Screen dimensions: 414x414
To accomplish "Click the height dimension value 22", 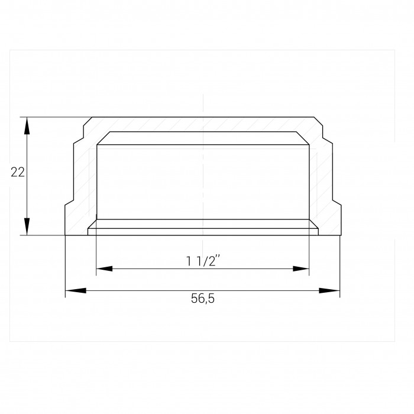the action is (x=18, y=172).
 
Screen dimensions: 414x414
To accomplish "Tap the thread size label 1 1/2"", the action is (x=203, y=261).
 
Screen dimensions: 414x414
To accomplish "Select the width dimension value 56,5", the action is (x=203, y=299).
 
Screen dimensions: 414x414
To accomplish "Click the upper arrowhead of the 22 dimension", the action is (x=27, y=125).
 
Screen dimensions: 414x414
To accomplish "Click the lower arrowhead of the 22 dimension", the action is (x=27, y=227).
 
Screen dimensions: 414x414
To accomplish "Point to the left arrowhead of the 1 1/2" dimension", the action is (x=104, y=269).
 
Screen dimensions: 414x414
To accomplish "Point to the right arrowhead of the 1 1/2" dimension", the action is (x=301, y=269).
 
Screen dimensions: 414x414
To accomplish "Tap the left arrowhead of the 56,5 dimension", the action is (x=76, y=291).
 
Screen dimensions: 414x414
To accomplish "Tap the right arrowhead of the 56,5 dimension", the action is (x=329, y=291).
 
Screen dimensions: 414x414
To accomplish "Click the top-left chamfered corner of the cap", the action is (x=88, y=121).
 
